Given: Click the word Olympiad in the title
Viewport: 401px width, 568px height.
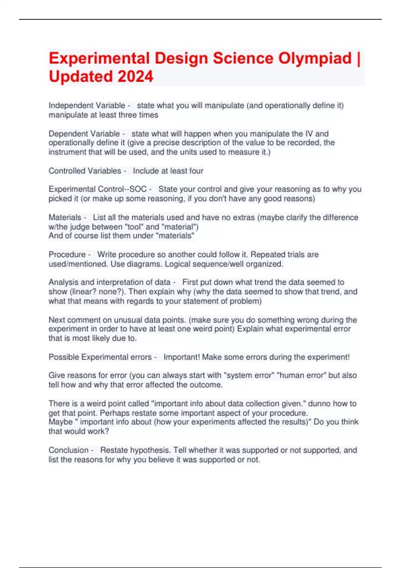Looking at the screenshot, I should click(x=315, y=58).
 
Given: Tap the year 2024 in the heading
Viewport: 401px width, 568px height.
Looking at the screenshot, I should click(x=135, y=77).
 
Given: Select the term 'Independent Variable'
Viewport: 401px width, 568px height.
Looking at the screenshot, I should click(x=87, y=106).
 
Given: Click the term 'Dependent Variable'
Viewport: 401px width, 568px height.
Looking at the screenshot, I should click(x=84, y=134).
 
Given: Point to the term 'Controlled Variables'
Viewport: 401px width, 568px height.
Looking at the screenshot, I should click(x=85, y=171).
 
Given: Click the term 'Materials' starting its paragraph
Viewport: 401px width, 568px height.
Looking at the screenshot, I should click(x=65, y=218).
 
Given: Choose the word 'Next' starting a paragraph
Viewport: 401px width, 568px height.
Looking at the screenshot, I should click(x=57, y=320).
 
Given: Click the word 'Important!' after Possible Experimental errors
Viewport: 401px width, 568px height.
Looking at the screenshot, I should click(x=181, y=357).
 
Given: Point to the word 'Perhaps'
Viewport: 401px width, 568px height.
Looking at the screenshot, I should click(x=114, y=413).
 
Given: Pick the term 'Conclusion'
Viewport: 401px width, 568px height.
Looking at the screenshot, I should click(x=69, y=450).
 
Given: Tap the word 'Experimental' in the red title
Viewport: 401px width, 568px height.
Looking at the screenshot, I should click(x=99, y=58).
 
